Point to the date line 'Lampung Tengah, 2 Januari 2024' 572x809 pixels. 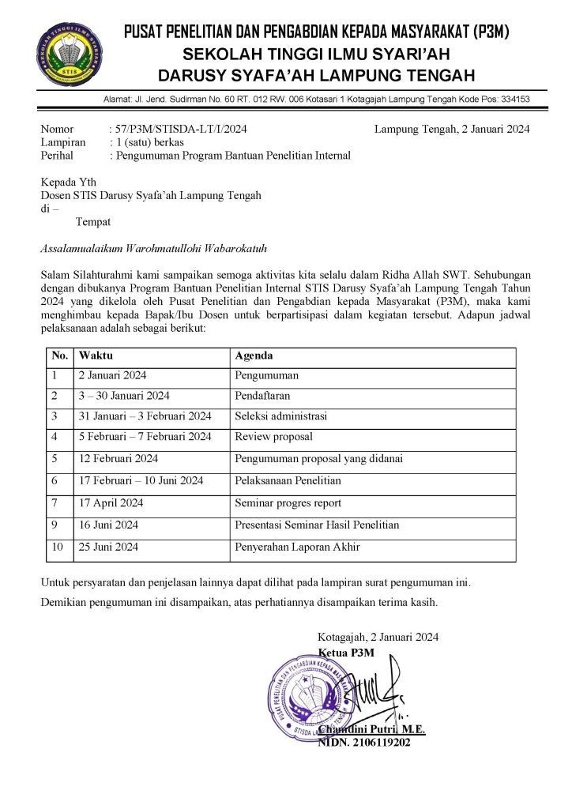(x=452, y=129)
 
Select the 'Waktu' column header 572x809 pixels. (x=96, y=356)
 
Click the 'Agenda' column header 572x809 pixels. (x=254, y=356)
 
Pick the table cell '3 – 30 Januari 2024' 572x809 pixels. (x=124, y=395)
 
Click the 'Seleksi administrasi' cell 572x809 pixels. (x=280, y=416)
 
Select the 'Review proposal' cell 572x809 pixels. (x=273, y=436)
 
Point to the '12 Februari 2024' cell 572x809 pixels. (x=118, y=458)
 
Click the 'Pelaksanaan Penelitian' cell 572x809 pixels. (x=288, y=480)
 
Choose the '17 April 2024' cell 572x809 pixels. (x=110, y=502)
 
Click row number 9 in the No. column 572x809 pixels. (x=55, y=525)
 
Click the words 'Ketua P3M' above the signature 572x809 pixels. (x=346, y=652)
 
